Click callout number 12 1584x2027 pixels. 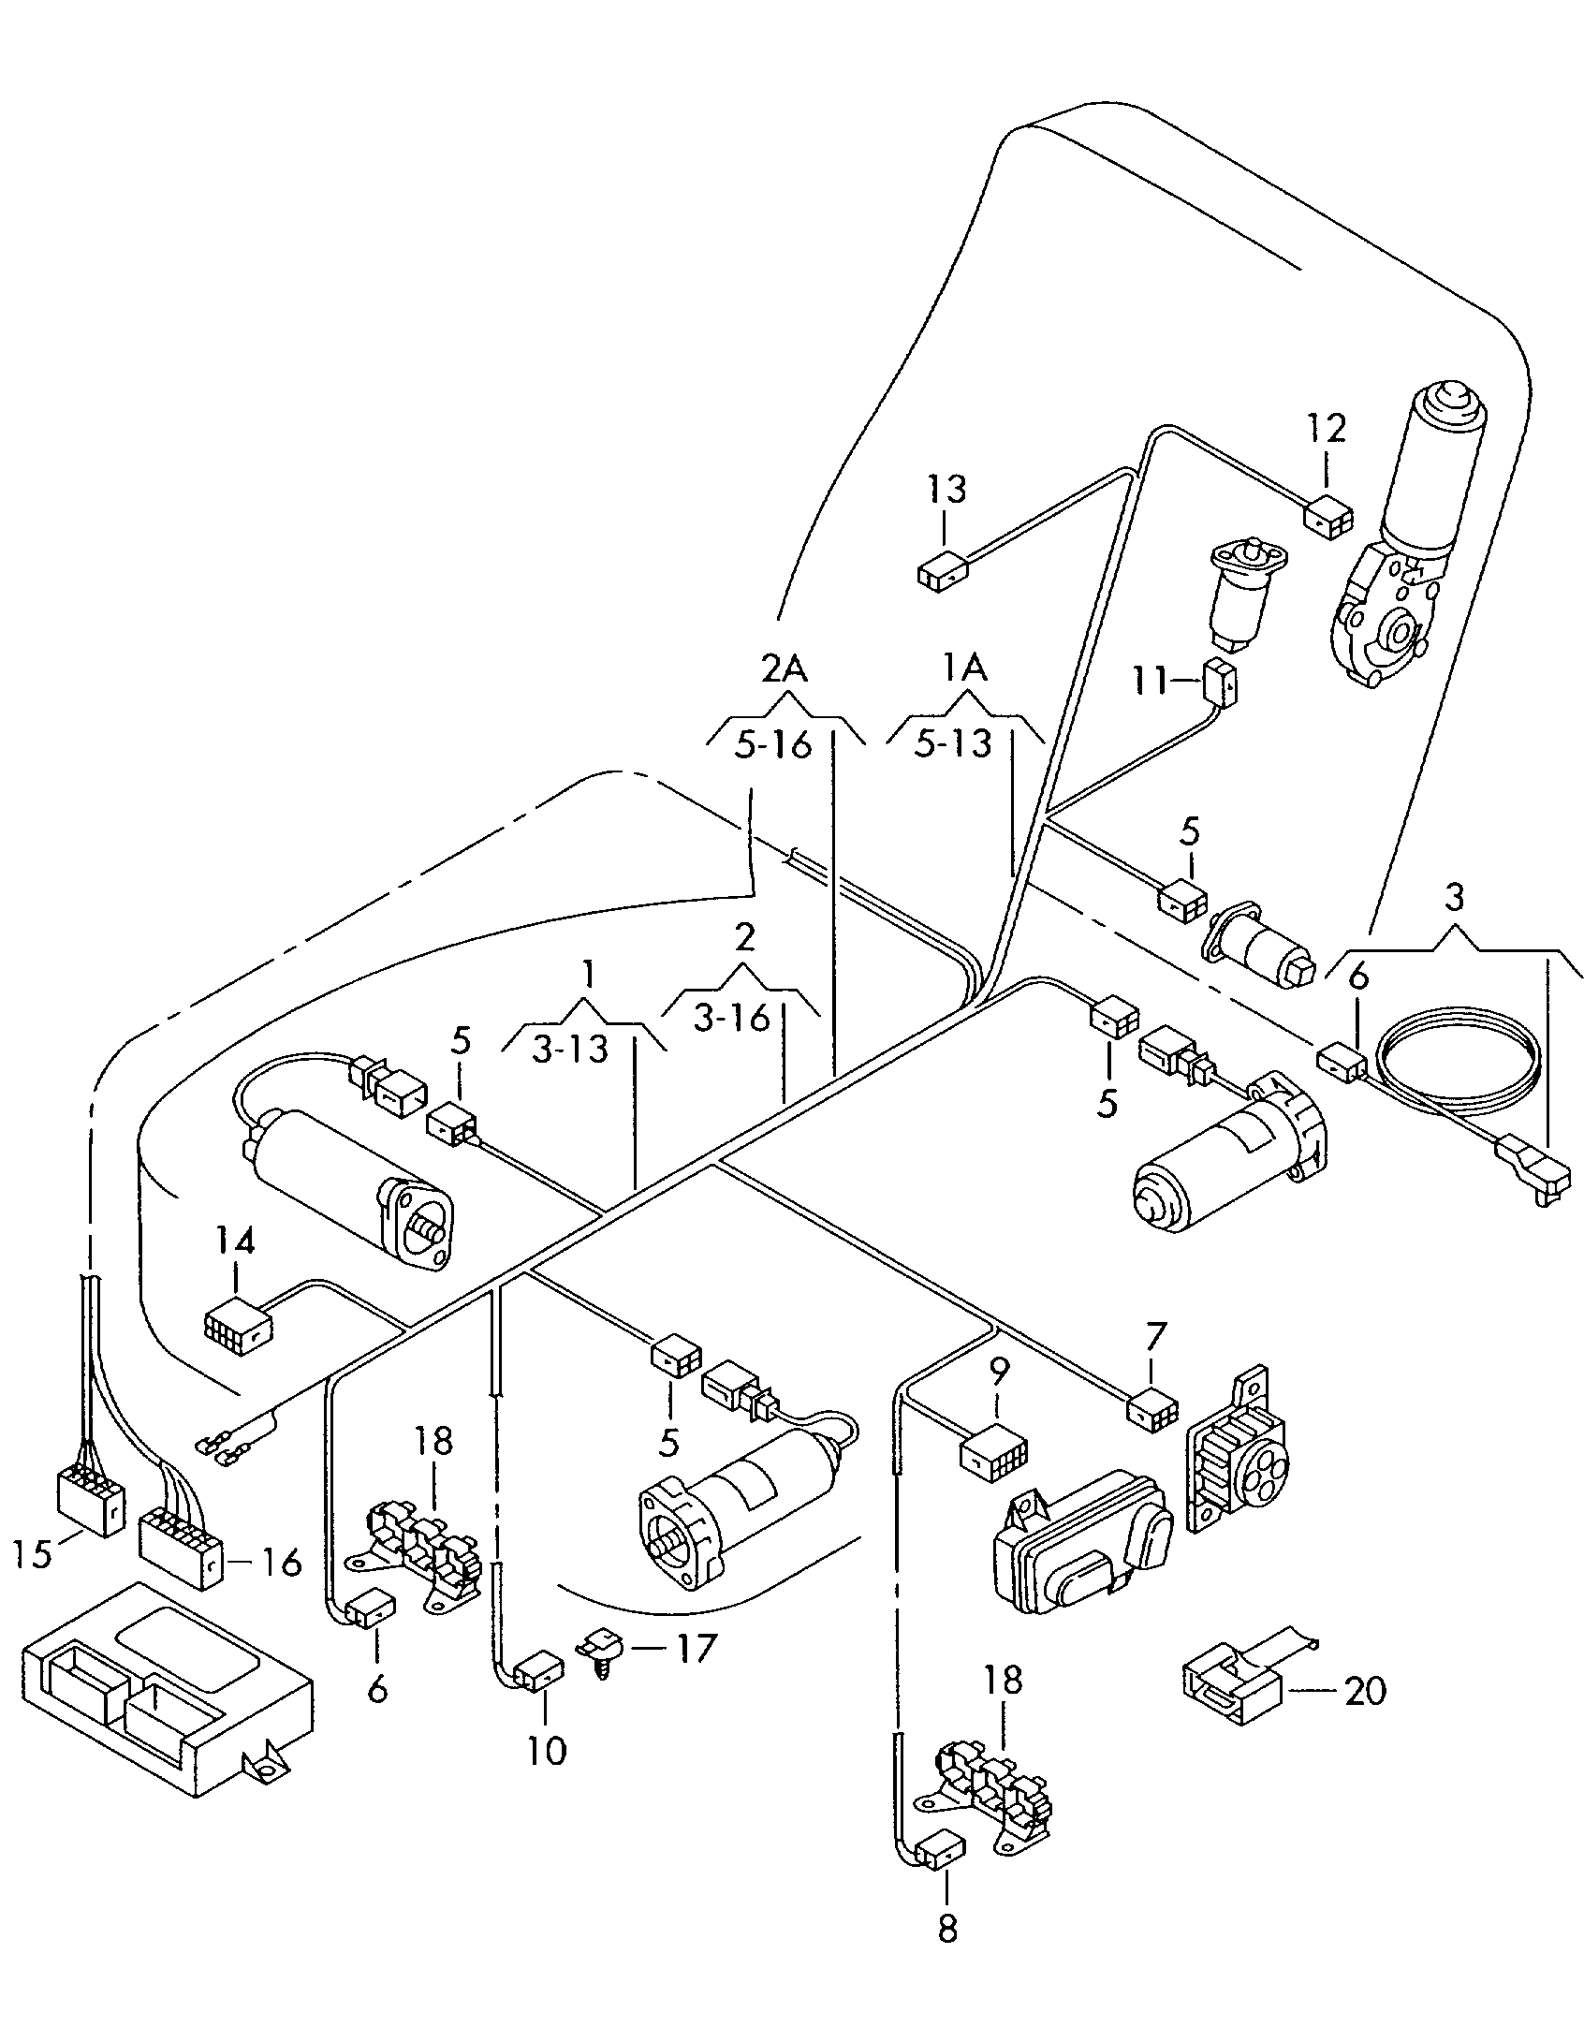[1327, 429]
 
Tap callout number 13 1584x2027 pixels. [946, 490]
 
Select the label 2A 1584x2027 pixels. [784, 668]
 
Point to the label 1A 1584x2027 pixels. [964, 668]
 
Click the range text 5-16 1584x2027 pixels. [772, 746]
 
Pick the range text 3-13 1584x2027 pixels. [570, 1050]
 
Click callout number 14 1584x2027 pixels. [234, 1242]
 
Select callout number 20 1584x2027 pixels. [1364, 1692]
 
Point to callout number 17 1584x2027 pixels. [696, 1649]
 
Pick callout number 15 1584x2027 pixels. [35, 1555]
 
